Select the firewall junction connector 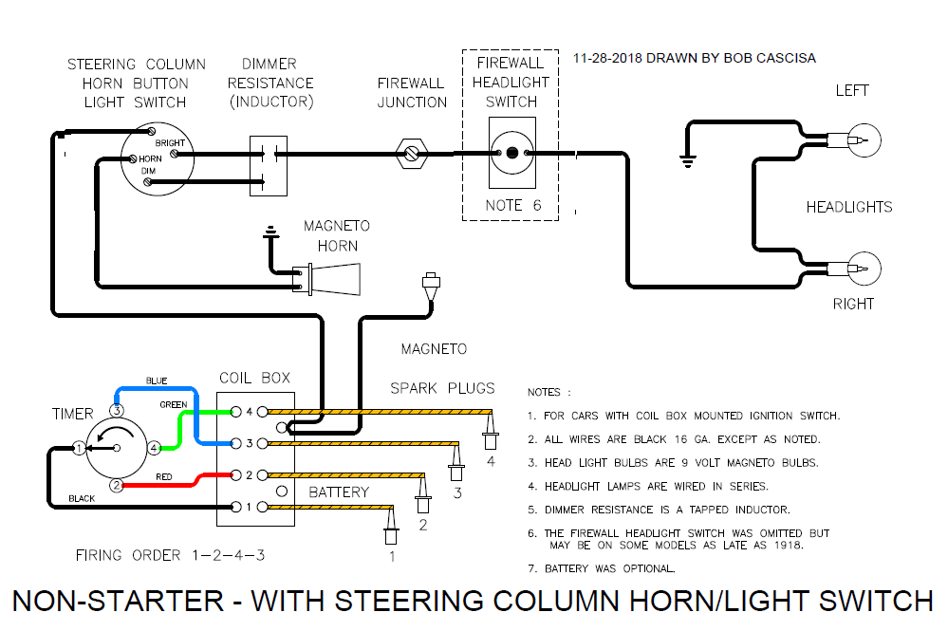412,152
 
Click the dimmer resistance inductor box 268,165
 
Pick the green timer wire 199,414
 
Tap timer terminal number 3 116,411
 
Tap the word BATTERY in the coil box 338,492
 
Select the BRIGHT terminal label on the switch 171,143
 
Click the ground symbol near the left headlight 687,158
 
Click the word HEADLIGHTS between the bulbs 849,207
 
